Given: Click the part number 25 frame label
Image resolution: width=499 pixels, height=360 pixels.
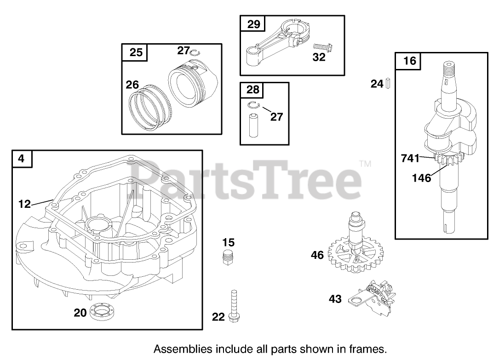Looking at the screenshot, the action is pyautogui.click(x=136, y=52).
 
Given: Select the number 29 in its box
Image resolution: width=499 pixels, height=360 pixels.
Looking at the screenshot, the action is pyautogui.click(x=254, y=24).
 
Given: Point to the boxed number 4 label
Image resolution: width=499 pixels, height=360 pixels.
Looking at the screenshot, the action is pyautogui.click(x=21, y=159).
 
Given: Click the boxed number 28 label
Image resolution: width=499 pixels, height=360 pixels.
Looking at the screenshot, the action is pyautogui.click(x=253, y=90).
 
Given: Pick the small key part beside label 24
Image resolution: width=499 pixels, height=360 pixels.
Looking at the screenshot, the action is pyautogui.click(x=388, y=83).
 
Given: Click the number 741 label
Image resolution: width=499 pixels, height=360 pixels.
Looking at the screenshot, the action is pyautogui.click(x=410, y=159).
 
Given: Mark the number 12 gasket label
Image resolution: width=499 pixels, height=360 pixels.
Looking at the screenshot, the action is pyautogui.click(x=25, y=203).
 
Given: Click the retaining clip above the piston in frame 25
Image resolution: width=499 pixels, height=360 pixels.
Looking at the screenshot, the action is pyautogui.click(x=195, y=51).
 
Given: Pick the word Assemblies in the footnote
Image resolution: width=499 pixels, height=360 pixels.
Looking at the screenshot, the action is pyautogui.click(x=178, y=349).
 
